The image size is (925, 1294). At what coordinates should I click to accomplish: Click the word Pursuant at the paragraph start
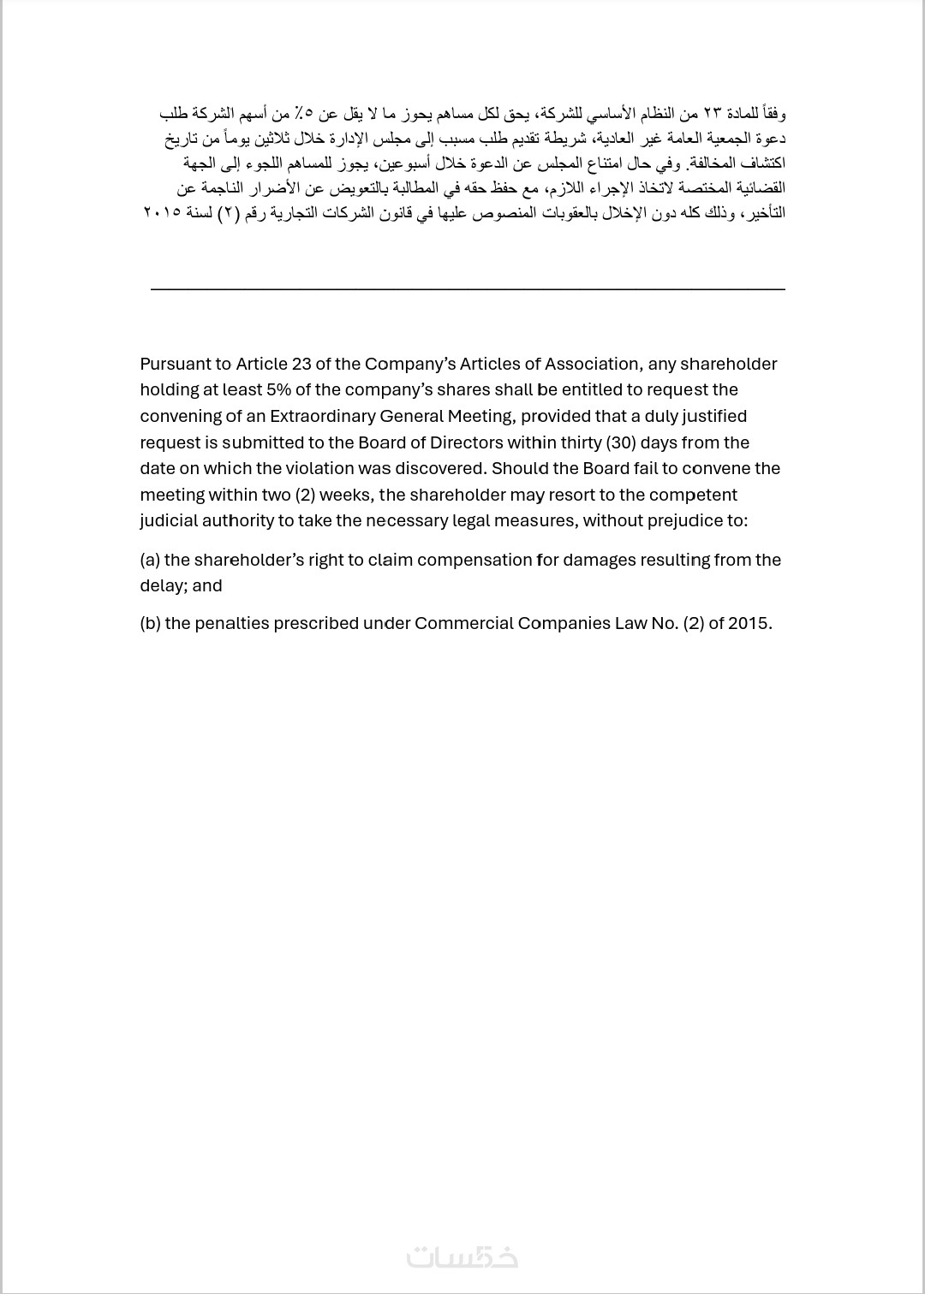pos(174,364)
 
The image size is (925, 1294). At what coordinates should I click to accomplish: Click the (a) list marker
pos(150,560)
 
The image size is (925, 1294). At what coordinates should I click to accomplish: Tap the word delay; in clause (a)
pos(163,585)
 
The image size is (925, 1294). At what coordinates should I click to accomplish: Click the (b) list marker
pos(150,623)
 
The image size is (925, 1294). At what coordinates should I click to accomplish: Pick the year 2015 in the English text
pos(749,623)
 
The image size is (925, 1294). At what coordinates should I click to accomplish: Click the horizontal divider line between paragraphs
pos(468,289)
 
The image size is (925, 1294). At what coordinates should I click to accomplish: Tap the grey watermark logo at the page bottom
pos(462,1255)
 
